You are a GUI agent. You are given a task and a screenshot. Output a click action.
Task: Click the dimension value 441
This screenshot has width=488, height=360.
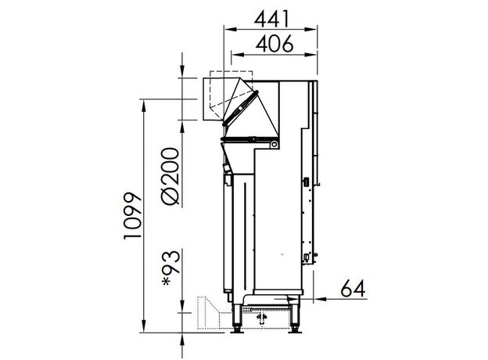[271, 19]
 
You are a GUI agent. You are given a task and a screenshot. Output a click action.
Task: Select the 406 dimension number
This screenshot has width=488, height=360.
[274, 44]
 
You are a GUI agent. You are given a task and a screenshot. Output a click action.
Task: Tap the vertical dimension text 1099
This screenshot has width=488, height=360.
[133, 216]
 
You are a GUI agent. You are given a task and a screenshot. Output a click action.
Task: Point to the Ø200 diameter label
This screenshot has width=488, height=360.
[170, 176]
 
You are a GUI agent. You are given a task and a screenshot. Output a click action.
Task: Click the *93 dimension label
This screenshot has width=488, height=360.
[171, 268]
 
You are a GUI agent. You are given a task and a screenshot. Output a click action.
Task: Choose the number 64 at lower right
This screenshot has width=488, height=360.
[353, 289]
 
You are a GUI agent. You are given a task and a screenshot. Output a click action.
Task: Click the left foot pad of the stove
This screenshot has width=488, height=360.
[238, 331]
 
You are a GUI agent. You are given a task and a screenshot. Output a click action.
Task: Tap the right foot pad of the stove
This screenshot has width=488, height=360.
[294, 331]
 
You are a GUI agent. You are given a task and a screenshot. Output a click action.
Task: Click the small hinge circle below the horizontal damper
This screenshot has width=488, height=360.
[274, 144]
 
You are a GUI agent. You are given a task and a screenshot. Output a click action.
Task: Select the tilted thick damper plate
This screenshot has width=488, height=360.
[240, 108]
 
